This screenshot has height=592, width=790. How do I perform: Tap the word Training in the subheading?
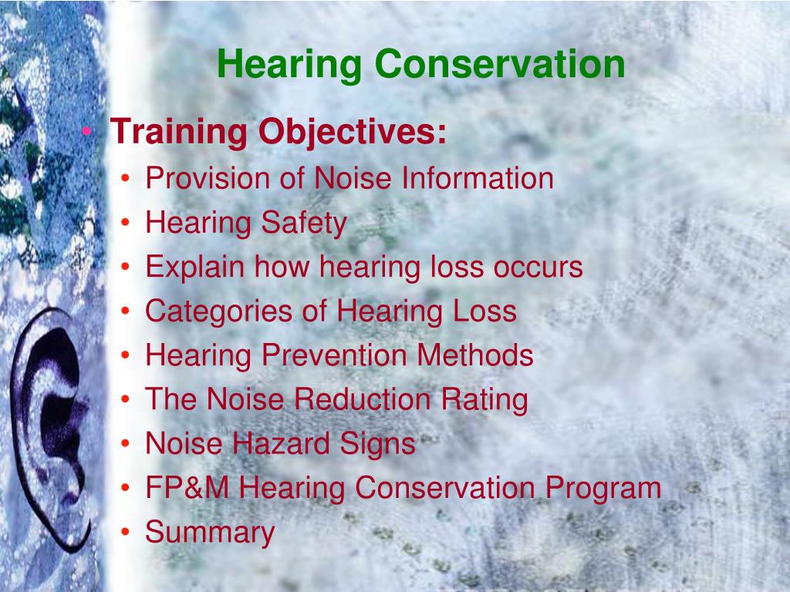pyautogui.click(x=178, y=133)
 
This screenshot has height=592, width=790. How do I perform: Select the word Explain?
pyautogui.click(x=195, y=267)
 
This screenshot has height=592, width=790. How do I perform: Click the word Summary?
pyautogui.click(x=210, y=533)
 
